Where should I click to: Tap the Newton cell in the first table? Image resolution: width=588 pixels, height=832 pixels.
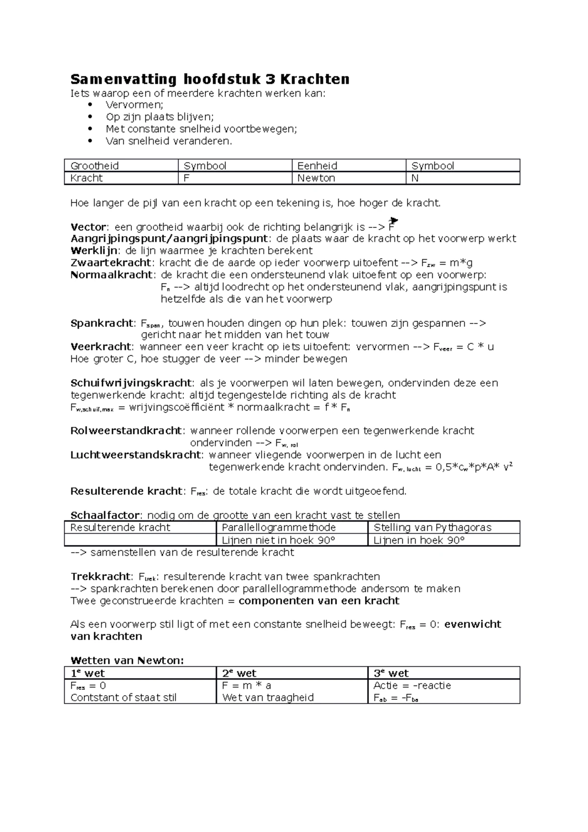316,178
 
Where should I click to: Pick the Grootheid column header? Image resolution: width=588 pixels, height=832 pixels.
95,166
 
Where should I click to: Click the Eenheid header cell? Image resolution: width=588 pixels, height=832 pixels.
317,166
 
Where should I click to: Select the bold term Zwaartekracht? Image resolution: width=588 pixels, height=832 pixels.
111,263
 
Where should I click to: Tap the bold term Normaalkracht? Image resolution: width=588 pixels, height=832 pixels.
112,275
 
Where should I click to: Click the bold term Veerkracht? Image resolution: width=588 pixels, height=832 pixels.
101,347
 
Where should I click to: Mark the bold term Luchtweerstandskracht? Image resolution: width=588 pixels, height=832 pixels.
136,455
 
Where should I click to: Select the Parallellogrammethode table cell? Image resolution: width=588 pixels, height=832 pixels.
278,527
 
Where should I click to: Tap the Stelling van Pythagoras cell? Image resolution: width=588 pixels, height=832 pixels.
432,527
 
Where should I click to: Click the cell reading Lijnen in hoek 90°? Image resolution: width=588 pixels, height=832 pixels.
418,540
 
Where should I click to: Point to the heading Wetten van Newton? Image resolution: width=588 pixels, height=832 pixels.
127,661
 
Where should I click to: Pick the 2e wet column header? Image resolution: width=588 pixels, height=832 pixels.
239,673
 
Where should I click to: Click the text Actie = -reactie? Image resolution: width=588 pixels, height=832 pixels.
412,685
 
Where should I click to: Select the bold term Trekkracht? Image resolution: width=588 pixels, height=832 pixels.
101,576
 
